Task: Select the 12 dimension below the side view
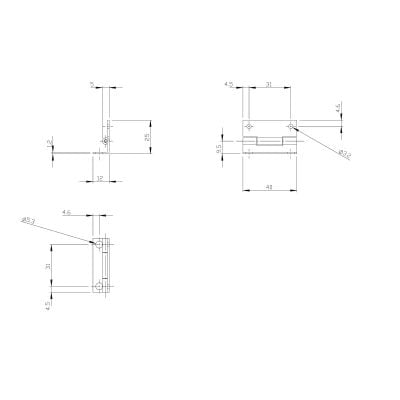[102, 177]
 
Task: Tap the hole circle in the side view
[103, 142]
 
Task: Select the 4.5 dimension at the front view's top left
[229, 84]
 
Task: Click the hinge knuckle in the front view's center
[270, 144]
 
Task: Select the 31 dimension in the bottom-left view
[48, 266]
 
